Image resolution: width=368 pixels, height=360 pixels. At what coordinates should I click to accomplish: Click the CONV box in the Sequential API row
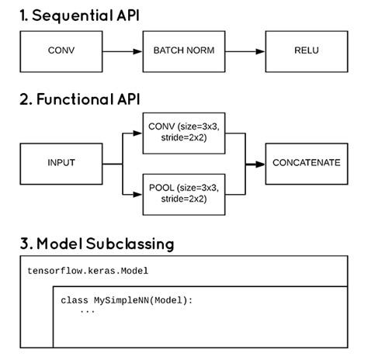point(61,52)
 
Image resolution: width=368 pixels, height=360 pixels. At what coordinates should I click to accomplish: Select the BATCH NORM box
point(184,52)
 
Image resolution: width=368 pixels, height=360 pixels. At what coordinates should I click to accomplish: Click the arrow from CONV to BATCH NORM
point(123,52)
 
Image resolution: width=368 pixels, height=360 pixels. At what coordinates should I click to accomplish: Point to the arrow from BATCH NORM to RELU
point(245,52)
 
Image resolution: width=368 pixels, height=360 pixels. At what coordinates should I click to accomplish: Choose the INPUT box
point(61,164)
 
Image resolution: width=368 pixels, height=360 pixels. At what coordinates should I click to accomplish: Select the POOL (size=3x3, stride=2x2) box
point(183,192)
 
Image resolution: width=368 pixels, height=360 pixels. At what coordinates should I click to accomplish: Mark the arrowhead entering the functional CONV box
point(138,132)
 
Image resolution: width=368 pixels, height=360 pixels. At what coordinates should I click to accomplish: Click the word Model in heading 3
point(61,243)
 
